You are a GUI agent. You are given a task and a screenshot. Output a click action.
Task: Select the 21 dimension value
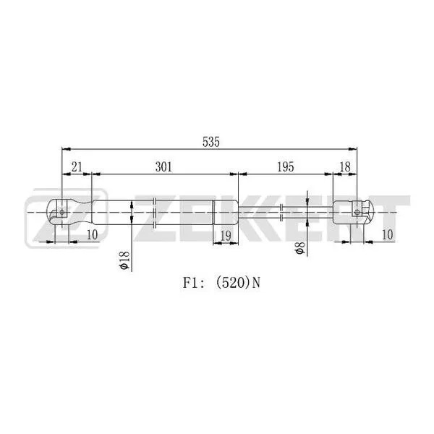click(x=77, y=167)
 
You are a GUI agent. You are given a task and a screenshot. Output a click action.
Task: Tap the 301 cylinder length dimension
click(x=164, y=167)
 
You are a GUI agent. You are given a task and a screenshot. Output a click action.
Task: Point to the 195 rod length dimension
click(x=284, y=167)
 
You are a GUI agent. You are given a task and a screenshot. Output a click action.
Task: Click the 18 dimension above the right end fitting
click(x=344, y=167)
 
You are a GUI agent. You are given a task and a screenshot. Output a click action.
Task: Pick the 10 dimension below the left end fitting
click(x=92, y=234)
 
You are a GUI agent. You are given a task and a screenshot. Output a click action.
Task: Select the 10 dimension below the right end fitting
click(x=387, y=234)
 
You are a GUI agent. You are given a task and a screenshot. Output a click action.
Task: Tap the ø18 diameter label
click(x=124, y=260)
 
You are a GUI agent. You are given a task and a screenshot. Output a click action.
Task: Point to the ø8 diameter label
click(x=298, y=250)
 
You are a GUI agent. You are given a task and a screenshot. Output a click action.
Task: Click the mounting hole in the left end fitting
click(x=63, y=212)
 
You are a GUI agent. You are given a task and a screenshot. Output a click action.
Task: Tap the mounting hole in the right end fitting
click(x=356, y=212)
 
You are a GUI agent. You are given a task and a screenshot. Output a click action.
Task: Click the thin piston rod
click(x=260, y=212)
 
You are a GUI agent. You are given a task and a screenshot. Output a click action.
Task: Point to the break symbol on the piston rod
click(x=281, y=212)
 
